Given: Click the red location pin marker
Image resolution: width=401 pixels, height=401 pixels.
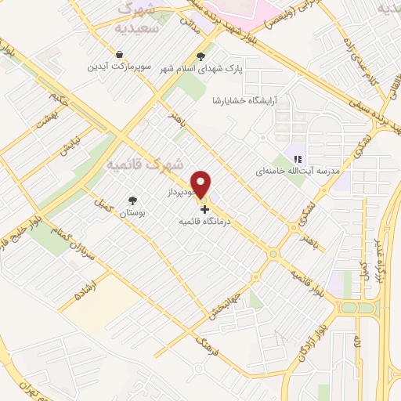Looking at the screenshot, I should pos(202,184).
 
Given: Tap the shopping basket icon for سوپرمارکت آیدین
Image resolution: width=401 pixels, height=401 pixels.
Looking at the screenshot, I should pos(117,55).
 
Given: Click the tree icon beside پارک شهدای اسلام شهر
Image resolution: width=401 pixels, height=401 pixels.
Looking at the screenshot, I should pos(202,56).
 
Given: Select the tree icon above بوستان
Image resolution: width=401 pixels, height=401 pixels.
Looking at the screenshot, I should pos(132,200).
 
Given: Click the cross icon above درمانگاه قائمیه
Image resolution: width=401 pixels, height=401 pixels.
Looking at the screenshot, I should pos(204,209).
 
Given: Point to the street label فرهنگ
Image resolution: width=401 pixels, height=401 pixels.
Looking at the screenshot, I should pos(207,346).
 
